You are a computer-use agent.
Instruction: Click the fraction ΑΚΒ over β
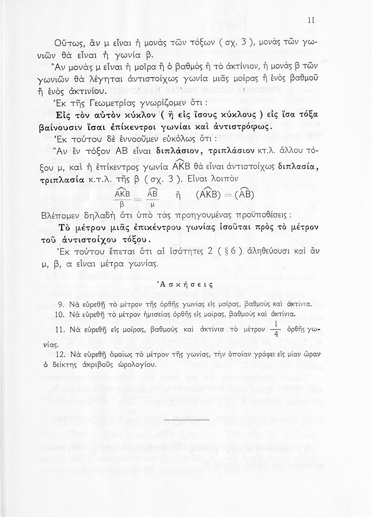point(121,200)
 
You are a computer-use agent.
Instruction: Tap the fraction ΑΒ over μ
point(152,200)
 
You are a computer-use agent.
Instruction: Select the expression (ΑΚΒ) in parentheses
point(209,195)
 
